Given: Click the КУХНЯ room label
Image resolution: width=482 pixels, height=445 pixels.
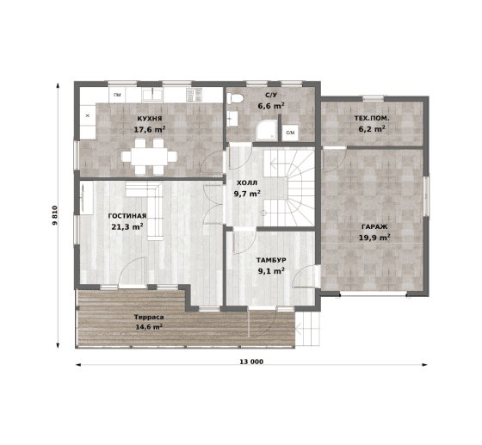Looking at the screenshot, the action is pyautogui.click(x=150, y=119).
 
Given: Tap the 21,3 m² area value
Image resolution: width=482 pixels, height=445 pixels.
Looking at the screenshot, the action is pyautogui.click(x=127, y=226).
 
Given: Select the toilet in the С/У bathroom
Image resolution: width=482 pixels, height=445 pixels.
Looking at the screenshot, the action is pyautogui.click(x=235, y=98).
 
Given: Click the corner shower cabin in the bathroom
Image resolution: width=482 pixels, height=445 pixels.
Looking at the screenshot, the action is pyautogui.click(x=266, y=131).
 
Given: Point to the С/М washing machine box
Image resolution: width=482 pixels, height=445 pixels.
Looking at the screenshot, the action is pyautogui.click(x=290, y=133).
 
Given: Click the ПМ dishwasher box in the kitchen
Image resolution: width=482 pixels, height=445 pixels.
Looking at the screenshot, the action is pyautogui.click(x=117, y=95).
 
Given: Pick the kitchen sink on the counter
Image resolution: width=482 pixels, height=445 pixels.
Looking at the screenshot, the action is pyautogui.click(x=152, y=95).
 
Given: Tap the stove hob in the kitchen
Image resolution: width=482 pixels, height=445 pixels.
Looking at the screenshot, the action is pyautogui.click(x=194, y=95).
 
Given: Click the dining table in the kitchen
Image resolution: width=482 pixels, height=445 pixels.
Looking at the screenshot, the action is pyautogui.click(x=149, y=157).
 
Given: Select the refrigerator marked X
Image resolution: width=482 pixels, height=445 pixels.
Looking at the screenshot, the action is pyautogui.click(x=88, y=115).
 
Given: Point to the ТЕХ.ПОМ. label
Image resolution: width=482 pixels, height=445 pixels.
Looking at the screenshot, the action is pyautogui.click(x=372, y=118).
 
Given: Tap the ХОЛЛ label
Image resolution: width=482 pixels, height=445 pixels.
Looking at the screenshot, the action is pyautogui.click(x=247, y=183).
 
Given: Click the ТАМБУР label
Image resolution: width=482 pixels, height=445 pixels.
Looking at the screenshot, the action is pyautogui.click(x=271, y=260).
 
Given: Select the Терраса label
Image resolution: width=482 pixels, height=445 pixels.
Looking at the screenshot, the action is pyautogui.click(x=149, y=317).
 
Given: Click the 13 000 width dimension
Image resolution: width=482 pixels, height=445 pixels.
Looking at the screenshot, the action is pyautogui.click(x=251, y=362).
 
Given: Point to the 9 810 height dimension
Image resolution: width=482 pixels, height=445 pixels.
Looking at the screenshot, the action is pyautogui.click(x=55, y=215).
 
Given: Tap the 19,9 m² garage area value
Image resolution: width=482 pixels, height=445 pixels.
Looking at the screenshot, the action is pyautogui.click(x=374, y=238).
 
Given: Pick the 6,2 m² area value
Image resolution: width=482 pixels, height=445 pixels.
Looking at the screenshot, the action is pyautogui.click(x=372, y=129).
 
